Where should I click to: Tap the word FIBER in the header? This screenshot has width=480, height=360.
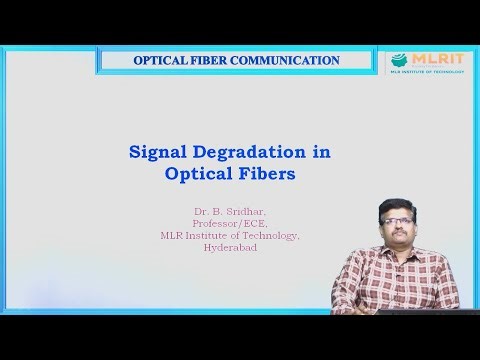point(217,61)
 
